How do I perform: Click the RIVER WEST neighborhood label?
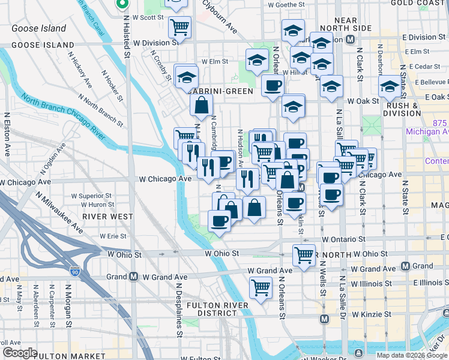[100, 216]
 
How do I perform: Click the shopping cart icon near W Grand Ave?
[261, 288]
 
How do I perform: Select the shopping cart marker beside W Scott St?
[179, 26]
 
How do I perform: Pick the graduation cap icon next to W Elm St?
[257, 60]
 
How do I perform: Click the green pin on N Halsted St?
[122, 4]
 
